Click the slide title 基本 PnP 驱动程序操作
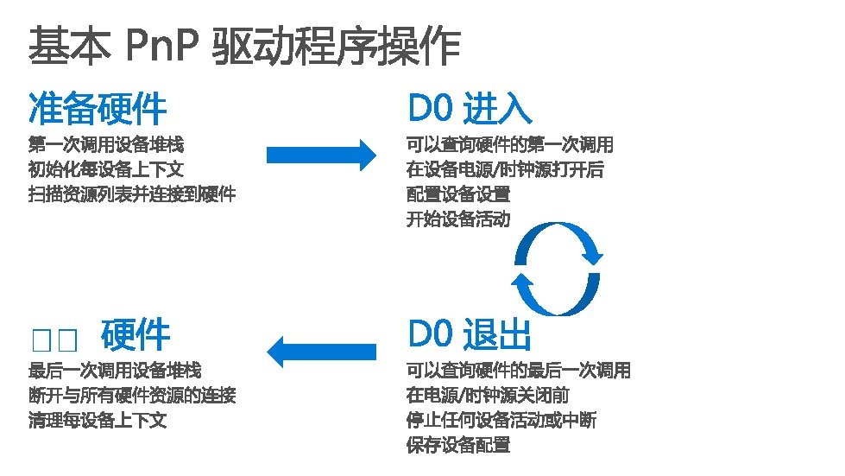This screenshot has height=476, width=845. (x=244, y=45)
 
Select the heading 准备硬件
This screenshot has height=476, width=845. (x=98, y=108)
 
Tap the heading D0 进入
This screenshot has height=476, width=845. (x=470, y=108)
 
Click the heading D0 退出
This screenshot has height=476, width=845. (x=470, y=334)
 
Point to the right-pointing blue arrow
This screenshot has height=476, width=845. (x=321, y=155)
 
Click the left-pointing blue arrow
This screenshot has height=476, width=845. (x=321, y=351)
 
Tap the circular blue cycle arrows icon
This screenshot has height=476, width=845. (x=557, y=269)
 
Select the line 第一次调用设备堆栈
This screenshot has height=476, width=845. (x=106, y=144)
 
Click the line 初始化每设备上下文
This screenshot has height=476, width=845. (x=106, y=169)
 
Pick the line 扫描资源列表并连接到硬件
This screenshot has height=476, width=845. (x=132, y=194)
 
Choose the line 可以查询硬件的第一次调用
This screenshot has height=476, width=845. (x=510, y=144)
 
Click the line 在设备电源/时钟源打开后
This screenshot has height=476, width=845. (x=505, y=169)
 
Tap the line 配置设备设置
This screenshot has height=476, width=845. (x=458, y=194)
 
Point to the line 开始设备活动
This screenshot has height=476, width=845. (x=458, y=219)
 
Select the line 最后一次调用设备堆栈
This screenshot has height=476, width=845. (x=115, y=371)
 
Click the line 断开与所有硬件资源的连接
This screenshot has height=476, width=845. (x=132, y=396)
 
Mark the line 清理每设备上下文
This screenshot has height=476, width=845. (x=98, y=421)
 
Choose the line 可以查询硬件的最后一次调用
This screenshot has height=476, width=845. (x=519, y=371)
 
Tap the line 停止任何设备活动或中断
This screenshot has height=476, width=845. (x=501, y=421)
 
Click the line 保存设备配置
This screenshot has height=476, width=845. (x=458, y=446)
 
